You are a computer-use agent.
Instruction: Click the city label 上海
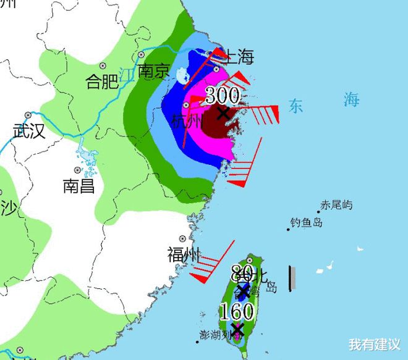click(x=238, y=57)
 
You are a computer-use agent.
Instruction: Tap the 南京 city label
click(x=153, y=72)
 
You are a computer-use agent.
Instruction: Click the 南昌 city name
click(x=79, y=185)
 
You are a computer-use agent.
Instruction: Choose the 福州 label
click(x=184, y=254)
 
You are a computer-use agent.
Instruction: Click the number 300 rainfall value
click(x=221, y=96)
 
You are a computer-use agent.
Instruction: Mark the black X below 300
click(x=223, y=112)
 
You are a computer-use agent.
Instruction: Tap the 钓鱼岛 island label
click(x=306, y=223)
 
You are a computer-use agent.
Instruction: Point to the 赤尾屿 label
click(x=336, y=205)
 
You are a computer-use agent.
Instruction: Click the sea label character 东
click(x=295, y=106)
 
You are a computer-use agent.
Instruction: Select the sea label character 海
click(x=351, y=98)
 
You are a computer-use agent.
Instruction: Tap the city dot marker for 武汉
click(x=28, y=115)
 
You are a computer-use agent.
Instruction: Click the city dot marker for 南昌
click(x=77, y=170)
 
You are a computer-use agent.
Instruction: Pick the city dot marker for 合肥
click(x=103, y=65)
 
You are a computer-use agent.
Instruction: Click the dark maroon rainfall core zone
click(x=216, y=120)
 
